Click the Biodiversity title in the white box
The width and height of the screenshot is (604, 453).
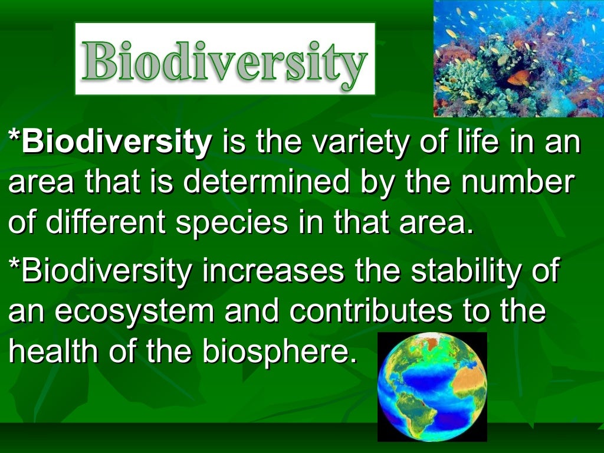pos(225,59)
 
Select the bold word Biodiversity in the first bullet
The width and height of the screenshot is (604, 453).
pos(110,143)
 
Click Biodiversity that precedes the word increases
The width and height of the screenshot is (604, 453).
pos(101,271)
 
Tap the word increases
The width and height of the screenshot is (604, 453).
pos(273,271)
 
